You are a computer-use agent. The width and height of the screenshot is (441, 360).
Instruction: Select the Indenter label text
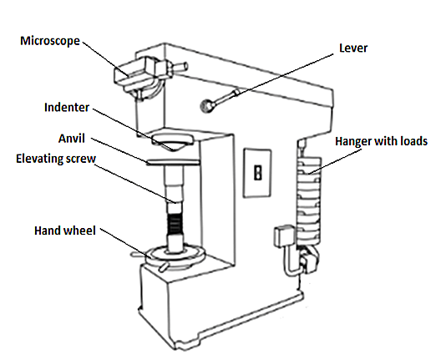[x=72, y=107]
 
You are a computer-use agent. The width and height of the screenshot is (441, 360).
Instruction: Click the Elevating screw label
[x=58, y=156]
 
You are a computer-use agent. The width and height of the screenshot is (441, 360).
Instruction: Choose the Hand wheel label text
[x=68, y=228]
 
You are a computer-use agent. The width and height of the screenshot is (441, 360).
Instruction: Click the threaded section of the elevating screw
[x=175, y=224]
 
